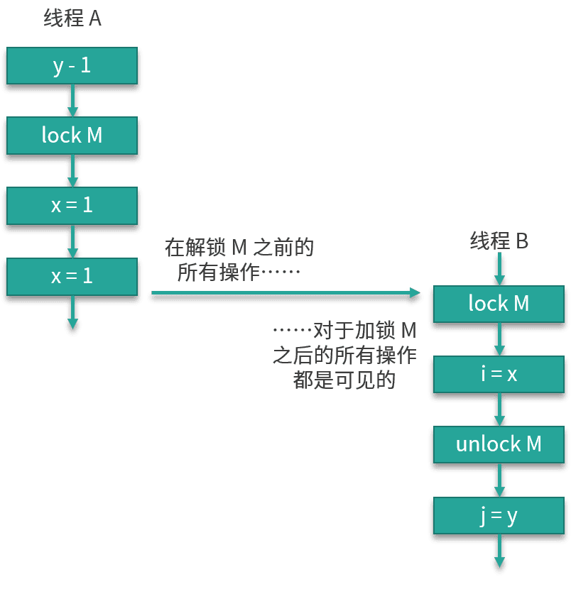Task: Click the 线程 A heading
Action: click(72, 18)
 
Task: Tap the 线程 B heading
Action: click(499, 241)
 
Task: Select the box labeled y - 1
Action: click(72, 66)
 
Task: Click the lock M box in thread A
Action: click(72, 135)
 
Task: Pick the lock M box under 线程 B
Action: click(499, 304)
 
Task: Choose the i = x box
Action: click(499, 374)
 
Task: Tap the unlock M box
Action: click(499, 444)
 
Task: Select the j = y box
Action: click(499, 515)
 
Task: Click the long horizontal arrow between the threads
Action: click(284, 293)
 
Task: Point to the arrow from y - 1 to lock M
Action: click(72, 101)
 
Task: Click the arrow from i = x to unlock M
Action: click(499, 410)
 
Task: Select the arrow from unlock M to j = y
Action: click(499, 480)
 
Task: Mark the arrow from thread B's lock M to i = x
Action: click(499, 339)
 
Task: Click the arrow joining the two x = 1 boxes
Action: click(72, 241)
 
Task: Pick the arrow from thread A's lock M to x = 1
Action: click(72, 171)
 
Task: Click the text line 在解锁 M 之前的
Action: click(239, 248)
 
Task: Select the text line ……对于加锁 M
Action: click(345, 331)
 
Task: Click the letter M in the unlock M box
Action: click(533, 444)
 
